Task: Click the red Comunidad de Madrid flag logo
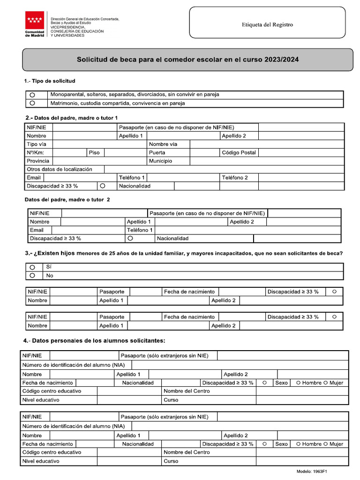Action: pos(35,20)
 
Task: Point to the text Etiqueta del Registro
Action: pos(267,25)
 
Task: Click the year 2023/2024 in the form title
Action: pos(281,60)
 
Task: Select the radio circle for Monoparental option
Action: pos(32,95)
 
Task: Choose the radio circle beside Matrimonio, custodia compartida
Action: pos(32,103)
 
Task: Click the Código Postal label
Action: pos(239,153)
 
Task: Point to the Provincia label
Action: pos(38,161)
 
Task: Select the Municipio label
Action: pos(160,161)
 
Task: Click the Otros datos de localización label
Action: pos(60,169)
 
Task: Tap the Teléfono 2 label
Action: pos(234,178)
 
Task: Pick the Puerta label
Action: pos(157,153)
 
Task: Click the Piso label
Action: pos(94,153)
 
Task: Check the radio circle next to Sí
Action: pos(32,267)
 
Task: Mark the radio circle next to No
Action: pos(32,276)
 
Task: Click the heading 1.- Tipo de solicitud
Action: pos(50,81)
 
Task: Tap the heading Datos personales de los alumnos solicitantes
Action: pos(94,340)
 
